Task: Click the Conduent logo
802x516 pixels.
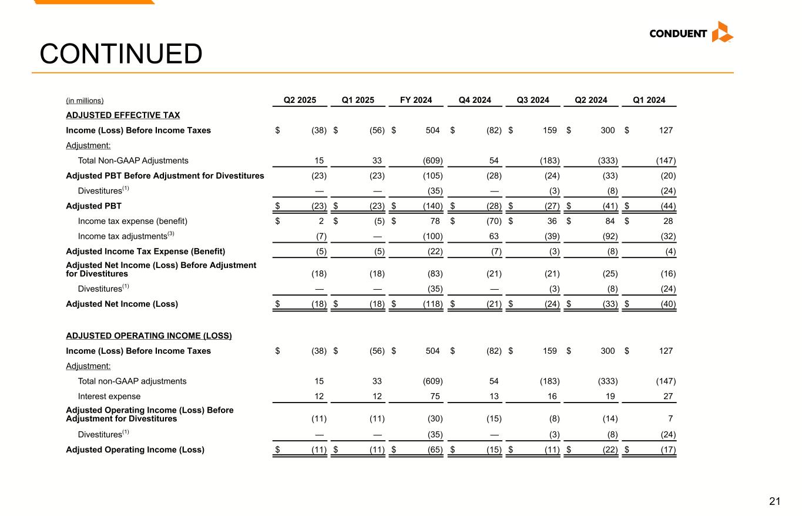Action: (x=691, y=33)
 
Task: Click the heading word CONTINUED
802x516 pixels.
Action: (x=121, y=54)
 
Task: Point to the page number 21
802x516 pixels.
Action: (x=774, y=501)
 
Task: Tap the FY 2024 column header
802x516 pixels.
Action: (x=416, y=100)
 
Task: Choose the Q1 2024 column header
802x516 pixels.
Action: (x=649, y=100)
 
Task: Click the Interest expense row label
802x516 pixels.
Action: (x=109, y=396)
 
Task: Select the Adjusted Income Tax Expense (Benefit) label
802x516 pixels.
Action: (x=145, y=252)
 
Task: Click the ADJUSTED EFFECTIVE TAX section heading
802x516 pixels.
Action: (x=123, y=115)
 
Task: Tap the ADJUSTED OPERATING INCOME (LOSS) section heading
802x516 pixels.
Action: (x=149, y=336)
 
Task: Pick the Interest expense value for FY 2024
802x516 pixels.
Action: (x=435, y=396)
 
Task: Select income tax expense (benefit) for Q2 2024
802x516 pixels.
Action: (x=610, y=221)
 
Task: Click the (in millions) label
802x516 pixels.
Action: (x=85, y=100)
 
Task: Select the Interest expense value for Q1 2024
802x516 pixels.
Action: (x=668, y=396)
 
